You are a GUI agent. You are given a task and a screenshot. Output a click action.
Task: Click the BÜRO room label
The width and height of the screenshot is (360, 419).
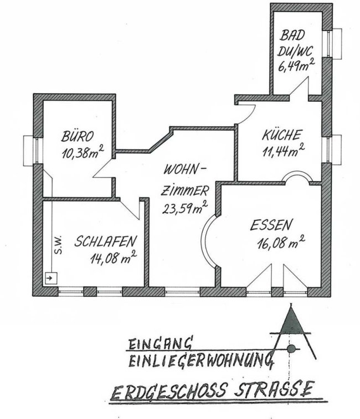tap(78, 136)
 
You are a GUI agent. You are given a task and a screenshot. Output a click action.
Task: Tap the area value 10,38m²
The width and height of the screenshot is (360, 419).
tap(83, 152)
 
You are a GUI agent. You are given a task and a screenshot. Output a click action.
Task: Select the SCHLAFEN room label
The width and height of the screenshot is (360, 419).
tap(105, 241)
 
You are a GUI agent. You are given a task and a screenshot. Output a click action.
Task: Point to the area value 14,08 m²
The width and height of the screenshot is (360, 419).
tap(114, 257)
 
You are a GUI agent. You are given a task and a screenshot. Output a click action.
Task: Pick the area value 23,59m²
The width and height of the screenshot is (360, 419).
tap(185, 208)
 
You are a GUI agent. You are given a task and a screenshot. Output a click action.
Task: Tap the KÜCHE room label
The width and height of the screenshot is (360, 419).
tap(282, 135)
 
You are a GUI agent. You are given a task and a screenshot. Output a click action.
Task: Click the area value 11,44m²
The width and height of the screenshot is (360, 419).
tap(283, 151)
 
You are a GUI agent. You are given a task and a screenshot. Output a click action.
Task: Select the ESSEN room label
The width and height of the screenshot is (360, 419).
tap(270, 225)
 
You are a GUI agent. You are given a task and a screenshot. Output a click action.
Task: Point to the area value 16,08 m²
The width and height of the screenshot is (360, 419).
tap(281, 242)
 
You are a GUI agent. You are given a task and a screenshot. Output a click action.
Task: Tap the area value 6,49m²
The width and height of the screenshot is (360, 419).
tap(296, 65)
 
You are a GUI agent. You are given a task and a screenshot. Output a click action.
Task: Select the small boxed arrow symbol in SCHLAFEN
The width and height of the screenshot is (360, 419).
tap(50, 278)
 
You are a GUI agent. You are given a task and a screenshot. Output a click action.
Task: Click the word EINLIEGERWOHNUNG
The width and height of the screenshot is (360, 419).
tap(201, 360)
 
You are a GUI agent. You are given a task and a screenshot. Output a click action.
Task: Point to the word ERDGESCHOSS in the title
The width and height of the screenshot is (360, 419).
tap(169, 391)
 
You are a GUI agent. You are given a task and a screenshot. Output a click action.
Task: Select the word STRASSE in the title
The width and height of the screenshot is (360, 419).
tap(274, 389)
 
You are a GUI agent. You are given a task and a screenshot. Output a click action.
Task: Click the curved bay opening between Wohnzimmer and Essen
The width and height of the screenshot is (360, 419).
tap(209, 241)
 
